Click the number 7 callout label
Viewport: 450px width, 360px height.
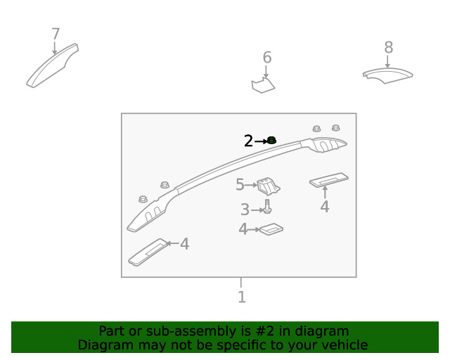pyautogui.click(x=56, y=34)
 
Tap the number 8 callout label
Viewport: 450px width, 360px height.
pyautogui.click(x=389, y=47)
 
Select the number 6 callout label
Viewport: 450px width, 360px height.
pyautogui.click(x=267, y=58)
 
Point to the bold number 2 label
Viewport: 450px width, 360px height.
pyautogui.click(x=248, y=141)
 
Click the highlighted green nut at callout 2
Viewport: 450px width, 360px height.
pyautogui.click(x=271, y=141)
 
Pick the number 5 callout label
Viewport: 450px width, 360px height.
pyautogui.click(x=240, y=185)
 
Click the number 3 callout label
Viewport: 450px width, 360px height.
pyautogui.click(x=245, y=210)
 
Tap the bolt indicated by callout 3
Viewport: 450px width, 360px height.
pyautogui.click(x=267, y=207)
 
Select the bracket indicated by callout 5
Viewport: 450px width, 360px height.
pyautogui.click(x=269, y=186)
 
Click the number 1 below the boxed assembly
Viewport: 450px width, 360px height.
pyautogui.click(x=242, y=297)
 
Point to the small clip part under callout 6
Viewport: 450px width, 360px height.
pyautogui.click(x=263, y=84)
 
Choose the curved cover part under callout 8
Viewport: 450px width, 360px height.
pyautogui.click(x=387, y=75)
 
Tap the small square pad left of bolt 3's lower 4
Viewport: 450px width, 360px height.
pyautogui.click(x=271, y=229)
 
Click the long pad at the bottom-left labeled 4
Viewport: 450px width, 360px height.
pyautogui.click(x=148, y=252)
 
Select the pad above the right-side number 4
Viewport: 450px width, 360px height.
pyautogui.click(x=329, y=180)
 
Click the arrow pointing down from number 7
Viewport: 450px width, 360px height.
pyautogui.click(x=55, y=48)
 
